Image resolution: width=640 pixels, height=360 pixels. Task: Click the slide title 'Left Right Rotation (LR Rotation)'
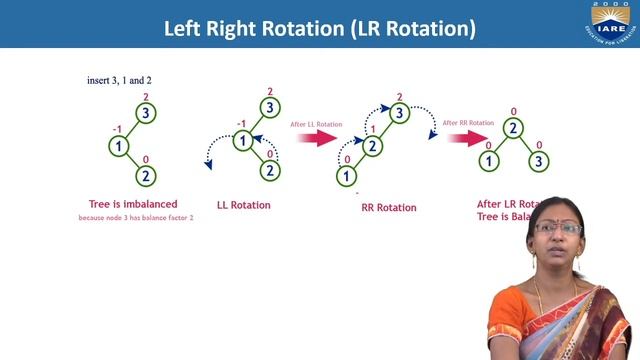point(320,26)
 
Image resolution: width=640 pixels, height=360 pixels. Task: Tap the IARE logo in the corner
point(609,26)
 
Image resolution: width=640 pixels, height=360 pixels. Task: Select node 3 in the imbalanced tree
point(146,113)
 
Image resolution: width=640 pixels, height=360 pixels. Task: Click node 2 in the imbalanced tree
point(146,177)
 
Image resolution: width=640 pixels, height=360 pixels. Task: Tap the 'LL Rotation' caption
point(244,205)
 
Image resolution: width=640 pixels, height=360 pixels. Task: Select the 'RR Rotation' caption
point(388,208)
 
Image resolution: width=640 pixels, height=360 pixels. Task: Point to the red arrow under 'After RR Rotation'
point(464,139)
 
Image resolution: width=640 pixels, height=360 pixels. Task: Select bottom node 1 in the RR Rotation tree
point(345,176)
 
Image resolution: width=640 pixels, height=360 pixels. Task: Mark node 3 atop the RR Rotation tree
point(399,113)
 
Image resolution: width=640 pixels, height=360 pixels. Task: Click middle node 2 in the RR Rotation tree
point(373,145)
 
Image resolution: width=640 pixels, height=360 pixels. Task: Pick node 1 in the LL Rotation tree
point(243,141)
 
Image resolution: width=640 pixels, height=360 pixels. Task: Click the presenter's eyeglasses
point(558,228)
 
